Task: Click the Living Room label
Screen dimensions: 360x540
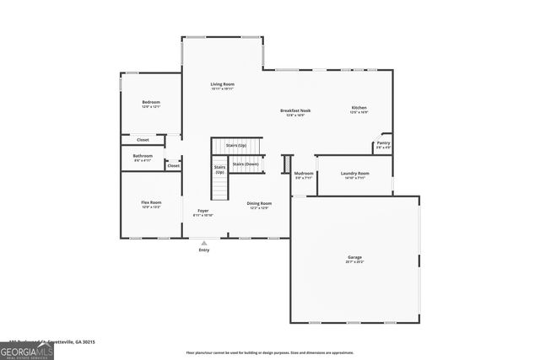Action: point(223,84)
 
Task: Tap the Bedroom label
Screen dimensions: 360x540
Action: point(151,103)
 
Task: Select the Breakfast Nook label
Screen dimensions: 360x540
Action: point(296,110)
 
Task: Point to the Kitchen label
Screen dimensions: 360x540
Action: point(359,108)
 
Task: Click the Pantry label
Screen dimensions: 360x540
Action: point(383,143)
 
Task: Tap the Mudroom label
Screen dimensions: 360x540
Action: point(304,174)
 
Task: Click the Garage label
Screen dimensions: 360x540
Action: point(355,257)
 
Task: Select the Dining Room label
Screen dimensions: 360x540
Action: point(259,203)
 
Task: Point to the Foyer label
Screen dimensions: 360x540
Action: point(203,210)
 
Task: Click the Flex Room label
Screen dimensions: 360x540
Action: point(151,202)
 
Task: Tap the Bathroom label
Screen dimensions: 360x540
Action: point(143,155)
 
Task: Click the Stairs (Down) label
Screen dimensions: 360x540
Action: point(244,164)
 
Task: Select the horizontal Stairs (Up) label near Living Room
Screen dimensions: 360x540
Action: point(236,145)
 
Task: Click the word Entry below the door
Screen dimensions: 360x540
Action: point(204,250)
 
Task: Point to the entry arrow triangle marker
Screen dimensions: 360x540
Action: point(203,243)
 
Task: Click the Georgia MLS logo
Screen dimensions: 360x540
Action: point(26,349)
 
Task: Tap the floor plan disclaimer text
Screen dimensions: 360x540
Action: point(270,352)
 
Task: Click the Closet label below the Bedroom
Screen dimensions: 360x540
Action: point(143,140)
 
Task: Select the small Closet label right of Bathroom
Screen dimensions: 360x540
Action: point(174,165)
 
